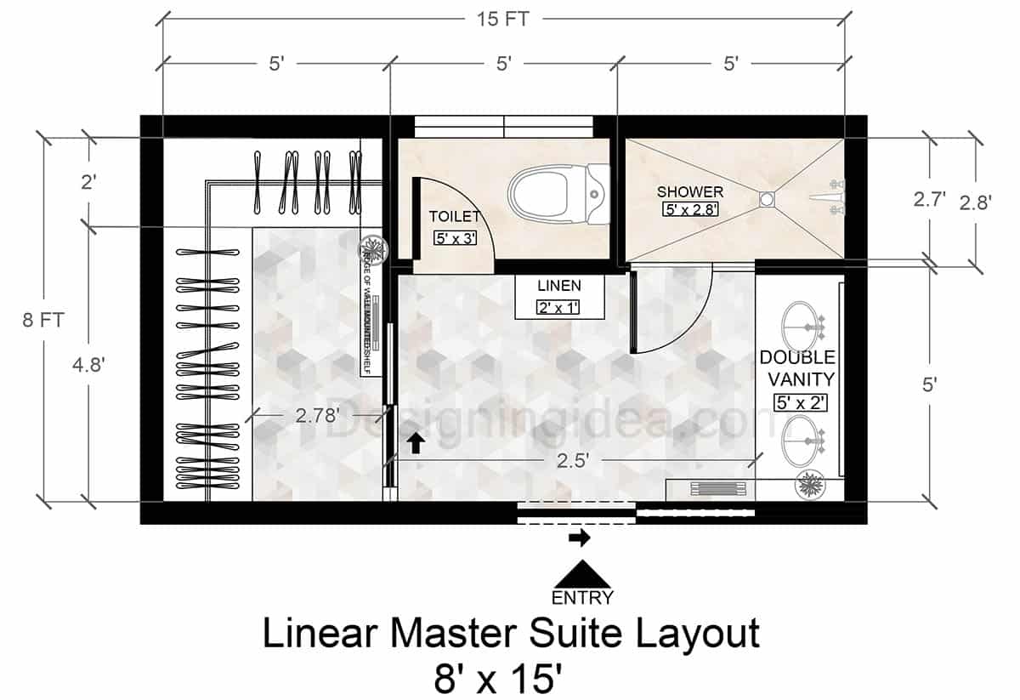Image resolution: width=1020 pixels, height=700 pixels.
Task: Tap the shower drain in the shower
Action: click(767, 198)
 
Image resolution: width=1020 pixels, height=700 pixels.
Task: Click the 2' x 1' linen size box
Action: click(558, 307)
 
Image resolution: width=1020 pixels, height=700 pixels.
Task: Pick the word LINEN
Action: click(558, 285)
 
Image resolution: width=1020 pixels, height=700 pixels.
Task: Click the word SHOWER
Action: click(689, 192)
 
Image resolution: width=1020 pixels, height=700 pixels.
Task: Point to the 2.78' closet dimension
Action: click(317, 416)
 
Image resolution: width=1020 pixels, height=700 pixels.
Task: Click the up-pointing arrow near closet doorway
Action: click(416, 442)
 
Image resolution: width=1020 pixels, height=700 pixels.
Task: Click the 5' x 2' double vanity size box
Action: click(800, 403)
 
